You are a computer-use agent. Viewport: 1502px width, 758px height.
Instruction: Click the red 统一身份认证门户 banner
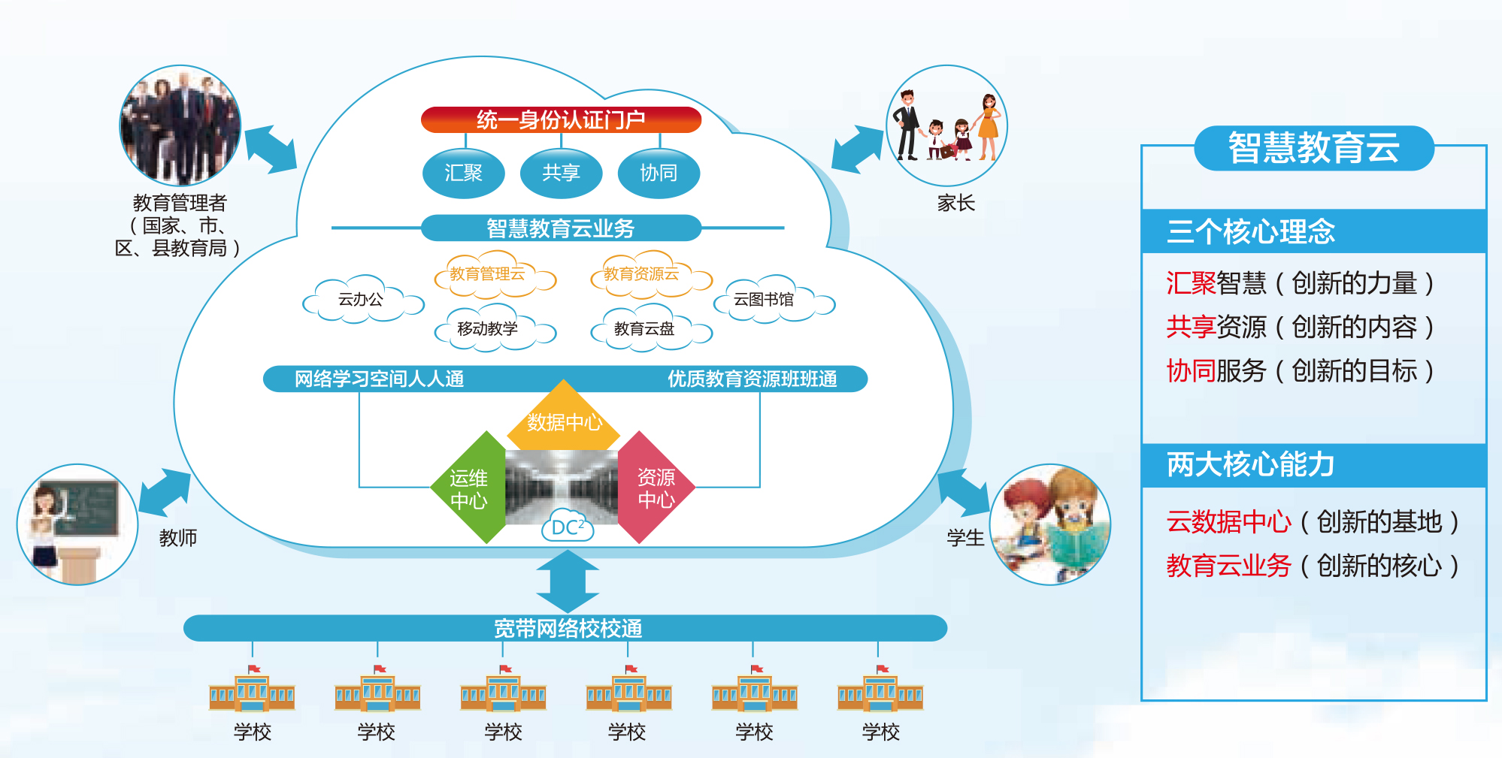[561, 119]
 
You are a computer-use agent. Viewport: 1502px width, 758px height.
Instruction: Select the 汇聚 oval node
[463, 174]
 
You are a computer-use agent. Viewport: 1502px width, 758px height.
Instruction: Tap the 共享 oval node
[561, 174]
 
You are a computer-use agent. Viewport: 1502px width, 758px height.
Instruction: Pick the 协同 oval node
[659, 174]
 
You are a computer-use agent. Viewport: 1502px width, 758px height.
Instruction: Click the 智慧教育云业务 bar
[561, 228]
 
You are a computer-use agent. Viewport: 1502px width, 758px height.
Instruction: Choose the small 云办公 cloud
[362, 300]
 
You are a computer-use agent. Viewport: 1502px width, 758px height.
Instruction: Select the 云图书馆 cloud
[765, 300]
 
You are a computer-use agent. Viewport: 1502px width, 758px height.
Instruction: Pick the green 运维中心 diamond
[469, 489]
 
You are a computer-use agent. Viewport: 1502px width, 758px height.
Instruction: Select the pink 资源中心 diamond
[656, 488]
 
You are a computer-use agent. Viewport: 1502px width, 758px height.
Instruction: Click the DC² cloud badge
[568, 527]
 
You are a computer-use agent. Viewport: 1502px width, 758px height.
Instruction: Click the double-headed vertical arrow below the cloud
[568, 581]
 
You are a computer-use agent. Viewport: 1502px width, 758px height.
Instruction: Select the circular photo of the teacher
[77, 524]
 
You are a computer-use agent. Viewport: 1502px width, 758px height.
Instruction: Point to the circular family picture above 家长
[946, 125]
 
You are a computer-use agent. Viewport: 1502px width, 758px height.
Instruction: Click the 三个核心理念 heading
[1251, 231]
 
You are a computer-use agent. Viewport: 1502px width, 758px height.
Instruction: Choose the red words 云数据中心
[1228, 521]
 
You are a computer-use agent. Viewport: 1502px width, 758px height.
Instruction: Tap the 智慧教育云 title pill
[1313, 148]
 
